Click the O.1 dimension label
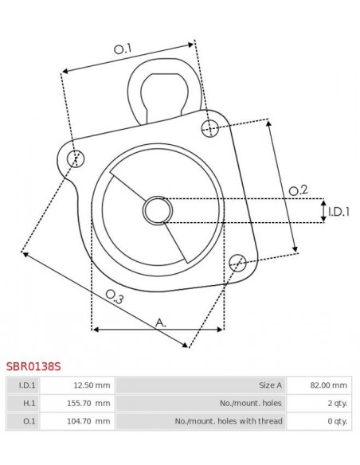point(123,49)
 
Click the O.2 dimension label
point(298,190)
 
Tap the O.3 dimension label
point(115,298)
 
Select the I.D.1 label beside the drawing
point(338,211)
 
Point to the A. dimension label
point(160,322)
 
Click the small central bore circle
point(158,210)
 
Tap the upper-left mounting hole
point(75,157)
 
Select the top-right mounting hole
point(210,127)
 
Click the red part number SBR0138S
point(33,367)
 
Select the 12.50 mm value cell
point(77,385)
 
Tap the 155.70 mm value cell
point(77,403)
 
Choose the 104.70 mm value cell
point(77,421)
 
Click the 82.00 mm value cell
point(319,385)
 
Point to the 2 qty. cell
point(319,403)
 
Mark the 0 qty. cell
point(319,421)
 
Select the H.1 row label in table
point(22,403)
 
